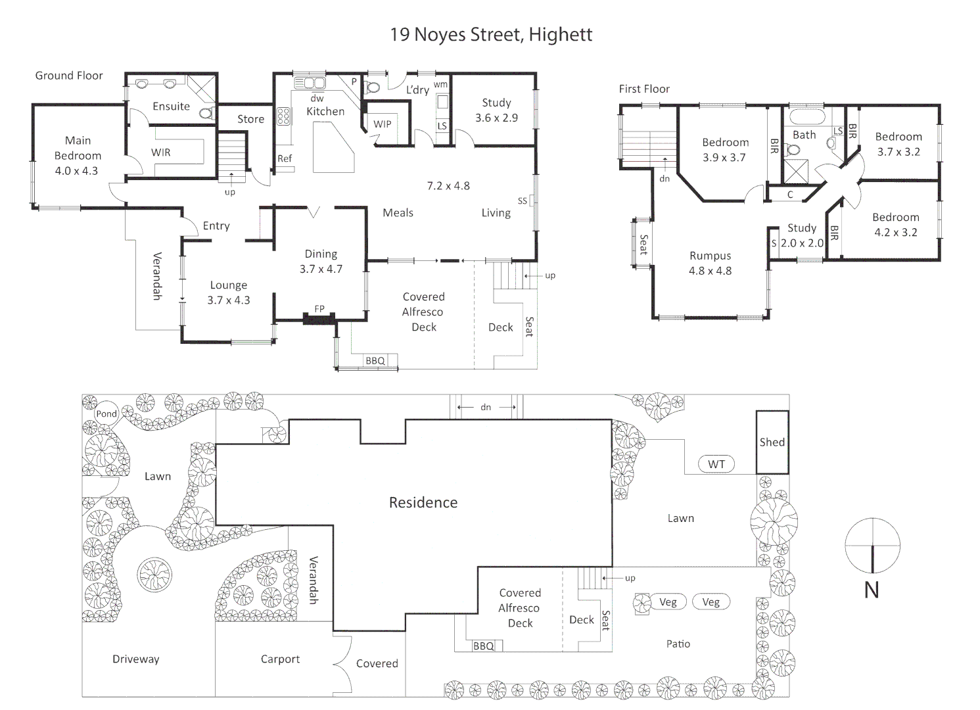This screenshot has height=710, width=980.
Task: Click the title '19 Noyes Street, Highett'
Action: pos(490,34)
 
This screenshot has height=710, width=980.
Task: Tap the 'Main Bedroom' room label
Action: pos(78,148)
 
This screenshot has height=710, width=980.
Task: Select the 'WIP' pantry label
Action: pos(383,124)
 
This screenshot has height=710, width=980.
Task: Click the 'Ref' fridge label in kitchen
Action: pos(285,158)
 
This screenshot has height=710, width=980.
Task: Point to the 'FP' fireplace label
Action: pos(319,309)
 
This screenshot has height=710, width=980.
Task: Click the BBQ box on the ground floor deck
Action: pos(375,361)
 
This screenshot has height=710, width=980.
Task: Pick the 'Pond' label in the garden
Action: pos(106,414)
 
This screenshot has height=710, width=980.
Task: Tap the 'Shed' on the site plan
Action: pos(772,442)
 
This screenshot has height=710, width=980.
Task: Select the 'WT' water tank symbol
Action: pos(716,464)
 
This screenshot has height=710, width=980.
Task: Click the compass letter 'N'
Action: pos(872,590)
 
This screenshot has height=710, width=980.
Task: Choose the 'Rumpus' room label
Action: pos(710,256)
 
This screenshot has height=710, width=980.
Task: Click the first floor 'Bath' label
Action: pos(804,135)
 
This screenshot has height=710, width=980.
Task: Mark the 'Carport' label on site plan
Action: pos(280,659)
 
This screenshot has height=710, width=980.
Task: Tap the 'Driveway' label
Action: pos(135,659)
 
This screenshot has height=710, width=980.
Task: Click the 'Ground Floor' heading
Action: pos(69,76)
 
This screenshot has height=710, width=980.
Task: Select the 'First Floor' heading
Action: pos(644,89)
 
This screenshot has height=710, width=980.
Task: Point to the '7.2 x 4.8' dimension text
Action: pos(448,186)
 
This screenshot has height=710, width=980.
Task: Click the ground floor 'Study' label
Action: pos(496,103)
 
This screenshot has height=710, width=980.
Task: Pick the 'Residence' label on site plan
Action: pos(423,503)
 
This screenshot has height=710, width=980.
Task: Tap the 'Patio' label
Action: pos(678,644)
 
